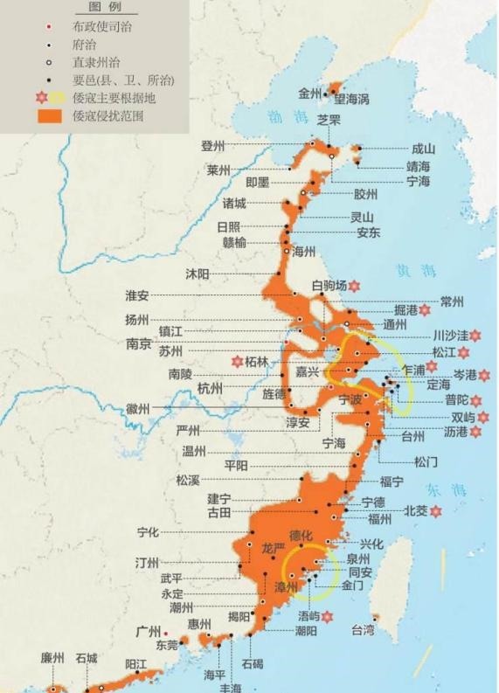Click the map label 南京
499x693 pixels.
[140, 343]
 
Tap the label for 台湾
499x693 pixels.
[363, 629]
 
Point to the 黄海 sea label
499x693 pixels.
[410, 270]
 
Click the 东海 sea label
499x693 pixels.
[441, 489]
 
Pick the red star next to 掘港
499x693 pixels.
[425, 309]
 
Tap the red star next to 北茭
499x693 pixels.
[434, 510]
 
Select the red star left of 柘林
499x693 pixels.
[236, 360]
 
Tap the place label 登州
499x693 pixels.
[213, 146]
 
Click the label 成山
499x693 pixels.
[423, 149]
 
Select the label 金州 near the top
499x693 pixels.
[310, 93]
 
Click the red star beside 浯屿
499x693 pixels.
[327, 616]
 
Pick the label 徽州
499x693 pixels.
[137, 408]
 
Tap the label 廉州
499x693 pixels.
[52, 657]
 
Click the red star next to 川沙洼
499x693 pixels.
[475, 335]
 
